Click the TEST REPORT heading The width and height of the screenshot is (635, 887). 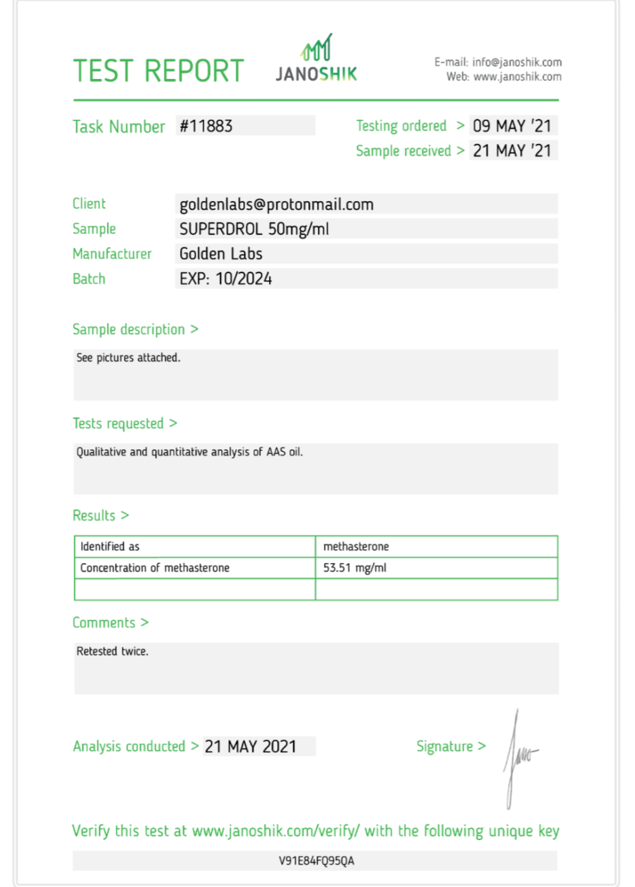click(158, 71)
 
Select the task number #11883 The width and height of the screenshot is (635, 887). click(206, 126)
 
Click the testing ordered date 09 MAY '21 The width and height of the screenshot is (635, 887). click(512, 126)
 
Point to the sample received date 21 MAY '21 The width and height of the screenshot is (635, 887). click(512, 151)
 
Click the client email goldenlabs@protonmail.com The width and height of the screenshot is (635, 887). click(277, 204)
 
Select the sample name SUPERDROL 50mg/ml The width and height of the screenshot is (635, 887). click(254, 229)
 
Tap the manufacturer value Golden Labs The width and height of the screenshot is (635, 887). click(221, 254)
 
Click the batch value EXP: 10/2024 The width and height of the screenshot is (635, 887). click(226, 278)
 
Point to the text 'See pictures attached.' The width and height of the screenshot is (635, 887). click(128, 358)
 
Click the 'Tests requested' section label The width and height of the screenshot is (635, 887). click(118, 423)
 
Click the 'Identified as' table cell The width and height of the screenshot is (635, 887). click(110, 547)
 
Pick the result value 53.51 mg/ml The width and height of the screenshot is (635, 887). click(355, 568)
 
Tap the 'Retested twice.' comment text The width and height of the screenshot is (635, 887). click(113, 651)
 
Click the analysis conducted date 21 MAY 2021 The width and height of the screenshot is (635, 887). click(250, 747)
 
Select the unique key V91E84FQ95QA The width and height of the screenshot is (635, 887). click(316, 861)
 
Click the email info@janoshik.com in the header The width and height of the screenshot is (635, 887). click(517, 62)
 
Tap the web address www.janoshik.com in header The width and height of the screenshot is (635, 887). click(517, 77)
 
